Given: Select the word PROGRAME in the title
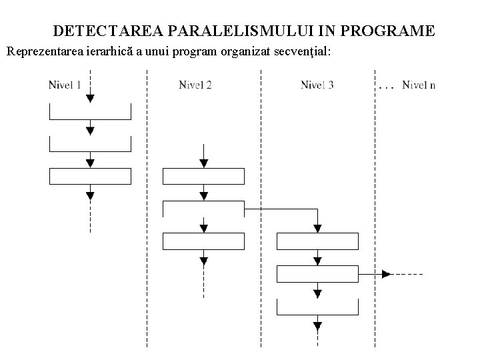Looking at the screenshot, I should tap(393, 31).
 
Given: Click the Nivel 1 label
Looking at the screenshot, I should tap(65, 85).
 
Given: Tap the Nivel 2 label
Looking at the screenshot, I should tap(195, 85).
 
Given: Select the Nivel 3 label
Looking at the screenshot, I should tap(317, 85).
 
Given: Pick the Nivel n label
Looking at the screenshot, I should tap(419, 85).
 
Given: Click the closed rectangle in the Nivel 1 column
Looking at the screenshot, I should tap(91, 176).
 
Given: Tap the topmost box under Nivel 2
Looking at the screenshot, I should tap(204, 176).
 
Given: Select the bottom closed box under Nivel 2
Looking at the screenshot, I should tap(204, 241).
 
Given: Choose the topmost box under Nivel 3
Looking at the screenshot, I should tap(317, 241).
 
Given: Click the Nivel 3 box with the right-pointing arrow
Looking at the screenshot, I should tap(317, 273).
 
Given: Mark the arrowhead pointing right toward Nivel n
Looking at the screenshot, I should tap(386, 273).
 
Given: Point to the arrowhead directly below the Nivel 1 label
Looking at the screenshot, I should tap(91, 98).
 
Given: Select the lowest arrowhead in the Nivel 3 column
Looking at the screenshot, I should tap(318, 326).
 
